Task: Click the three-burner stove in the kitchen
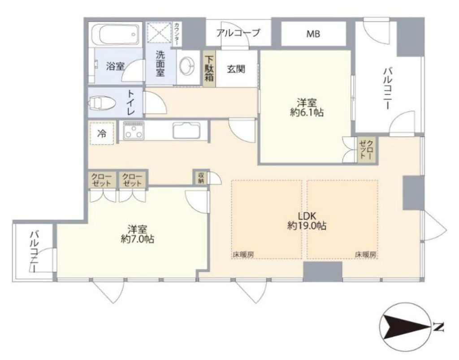[134, 130]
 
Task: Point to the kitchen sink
[186, 130]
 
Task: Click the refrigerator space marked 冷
[102, 133]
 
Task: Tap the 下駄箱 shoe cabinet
[209, 69]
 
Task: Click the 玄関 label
[236, 69]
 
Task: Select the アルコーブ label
[238, 33]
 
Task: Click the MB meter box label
[313, 34]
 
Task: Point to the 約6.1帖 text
[307, 113]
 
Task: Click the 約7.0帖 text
[138, 239]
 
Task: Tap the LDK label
[307, 216]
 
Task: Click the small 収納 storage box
[201, 177]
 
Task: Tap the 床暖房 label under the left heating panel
[243, 254]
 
